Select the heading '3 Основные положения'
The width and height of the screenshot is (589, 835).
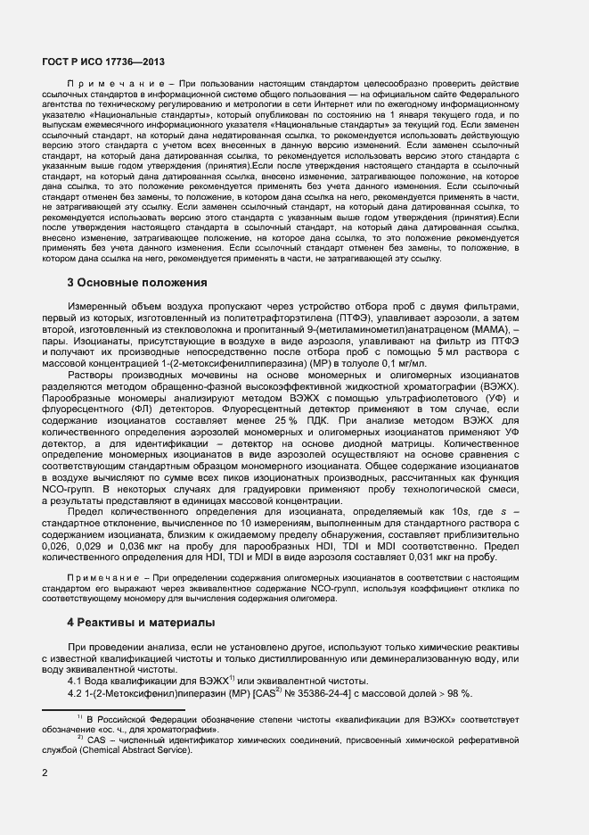click(x=137, y=283)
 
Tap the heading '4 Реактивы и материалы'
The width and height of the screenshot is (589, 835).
click(x=141, y=621)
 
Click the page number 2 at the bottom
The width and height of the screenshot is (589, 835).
click(x=45, y=773)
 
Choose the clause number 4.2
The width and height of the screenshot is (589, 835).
click(x=76, y=693)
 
